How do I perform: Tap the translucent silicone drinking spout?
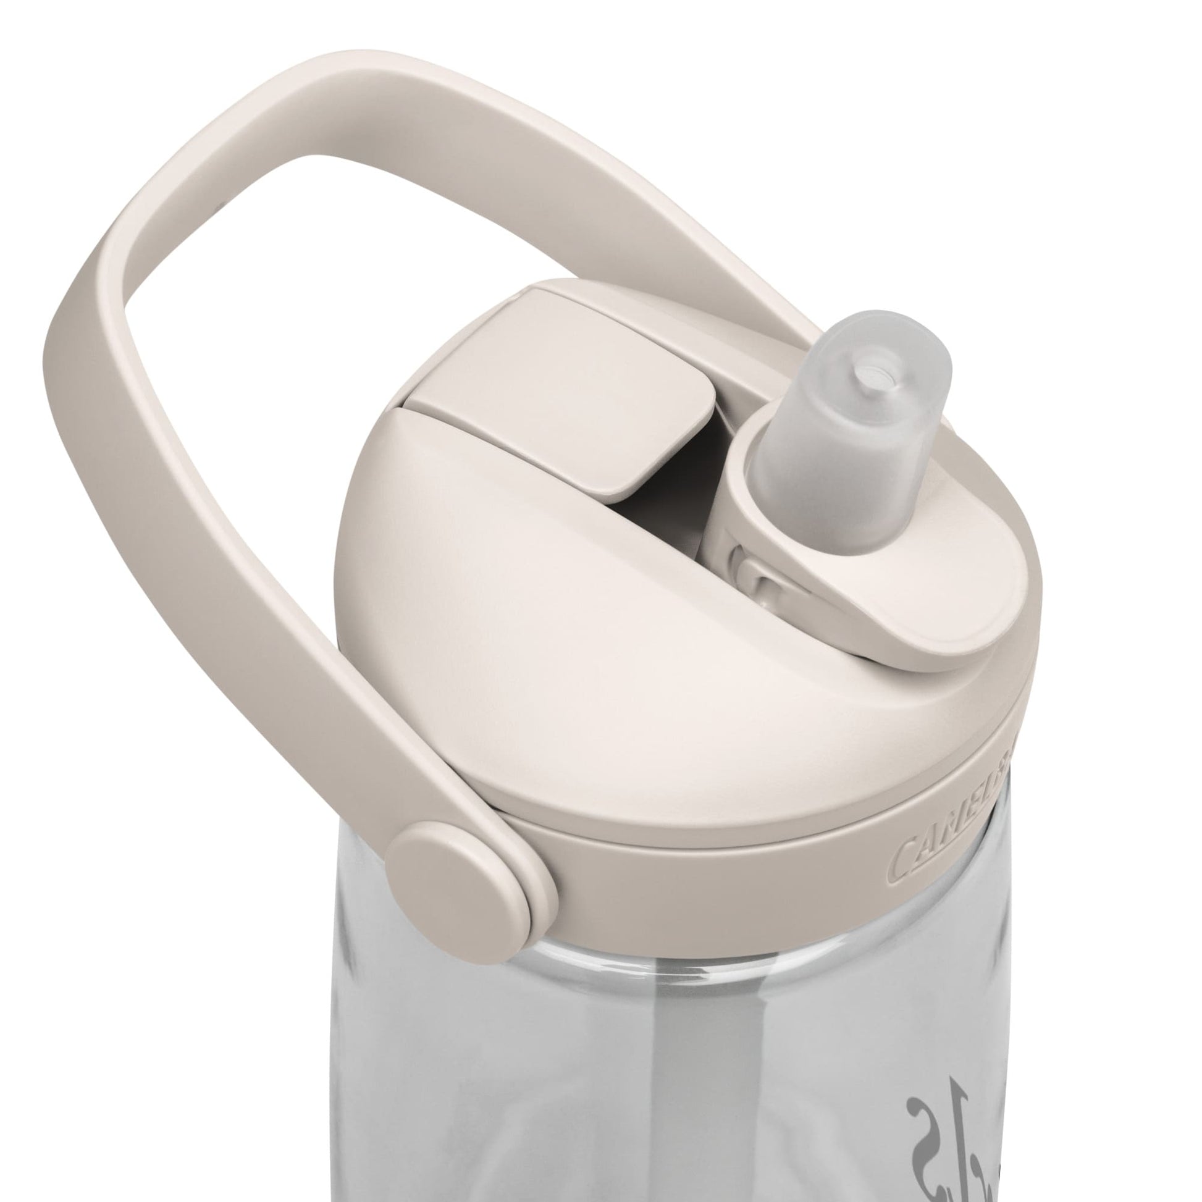834,448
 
